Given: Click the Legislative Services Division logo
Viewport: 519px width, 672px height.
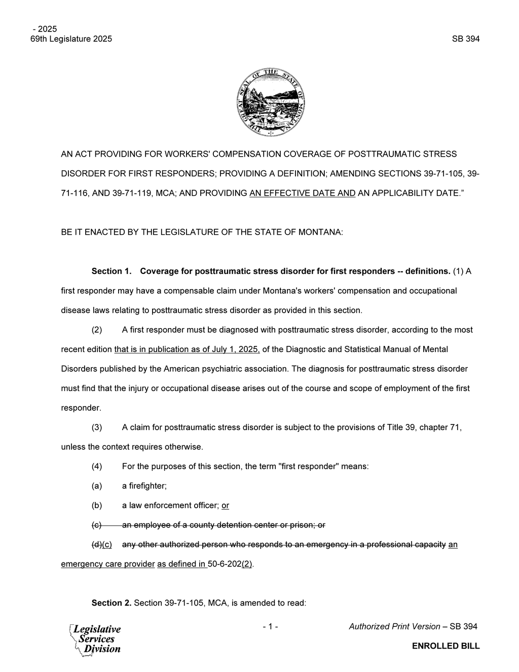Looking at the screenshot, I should pos(96,639).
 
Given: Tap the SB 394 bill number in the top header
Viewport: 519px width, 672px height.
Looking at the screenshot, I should pos(465,39).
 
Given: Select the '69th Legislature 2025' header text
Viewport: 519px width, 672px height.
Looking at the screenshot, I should pos(71,39).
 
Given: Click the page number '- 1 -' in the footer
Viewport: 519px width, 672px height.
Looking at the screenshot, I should pos(270,626).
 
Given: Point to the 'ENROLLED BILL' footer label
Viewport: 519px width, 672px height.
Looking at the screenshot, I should pos(446,646).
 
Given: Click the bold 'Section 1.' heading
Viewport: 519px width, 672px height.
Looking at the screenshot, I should pos(112,271).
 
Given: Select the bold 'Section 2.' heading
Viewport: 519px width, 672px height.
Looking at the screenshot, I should pos(112,603).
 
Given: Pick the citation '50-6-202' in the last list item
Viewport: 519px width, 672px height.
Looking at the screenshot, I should pos(225,564).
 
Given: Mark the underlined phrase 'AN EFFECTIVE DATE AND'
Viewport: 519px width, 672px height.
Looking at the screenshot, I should pos(303,193).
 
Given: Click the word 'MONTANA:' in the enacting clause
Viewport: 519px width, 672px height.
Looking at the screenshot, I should pos(320,232).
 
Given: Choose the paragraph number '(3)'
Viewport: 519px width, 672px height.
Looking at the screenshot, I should pos(97,428).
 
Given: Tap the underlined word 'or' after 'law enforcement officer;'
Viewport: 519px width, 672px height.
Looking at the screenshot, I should pos(226,506).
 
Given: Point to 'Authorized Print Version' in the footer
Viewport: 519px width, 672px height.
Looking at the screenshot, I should pos(394,626).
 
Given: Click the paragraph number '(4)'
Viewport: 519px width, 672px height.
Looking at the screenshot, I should pos(97,467).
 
